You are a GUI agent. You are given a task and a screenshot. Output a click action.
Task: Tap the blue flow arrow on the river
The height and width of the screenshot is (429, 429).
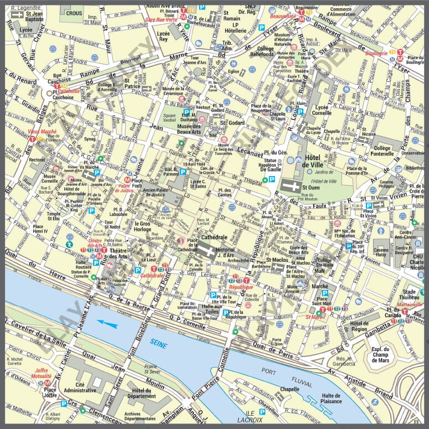click(x=108, y=324)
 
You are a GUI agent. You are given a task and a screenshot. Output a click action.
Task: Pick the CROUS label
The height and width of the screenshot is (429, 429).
click(x=74, y=12)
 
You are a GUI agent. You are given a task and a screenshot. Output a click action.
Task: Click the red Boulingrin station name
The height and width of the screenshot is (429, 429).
click(x=376, y=53)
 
